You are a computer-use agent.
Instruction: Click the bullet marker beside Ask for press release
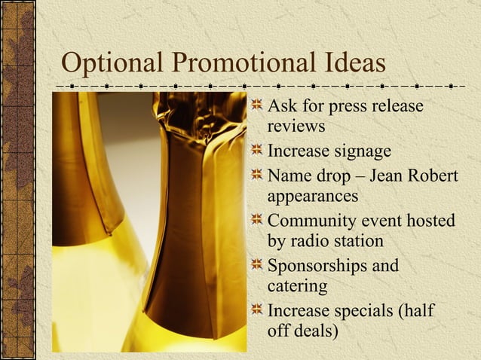pyautogui.click(x=258, y=107)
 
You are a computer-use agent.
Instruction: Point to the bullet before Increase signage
pyautogui.click(x=258, y=152)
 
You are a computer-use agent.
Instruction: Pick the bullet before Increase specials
pyautogui.click(x=258, y=310)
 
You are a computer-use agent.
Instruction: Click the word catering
pyautogui.click(x=298, y=286)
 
